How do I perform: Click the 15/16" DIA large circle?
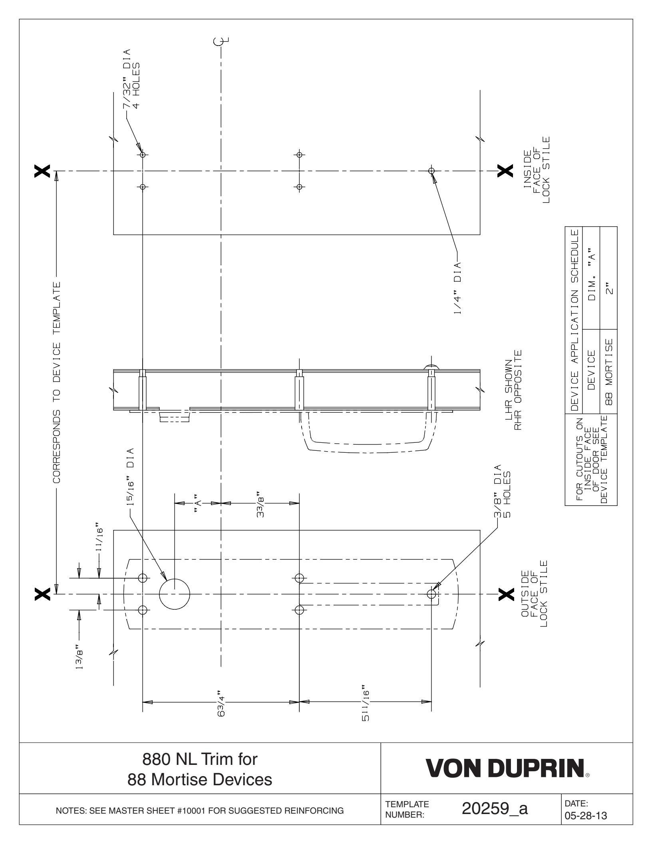click(175, 594)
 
